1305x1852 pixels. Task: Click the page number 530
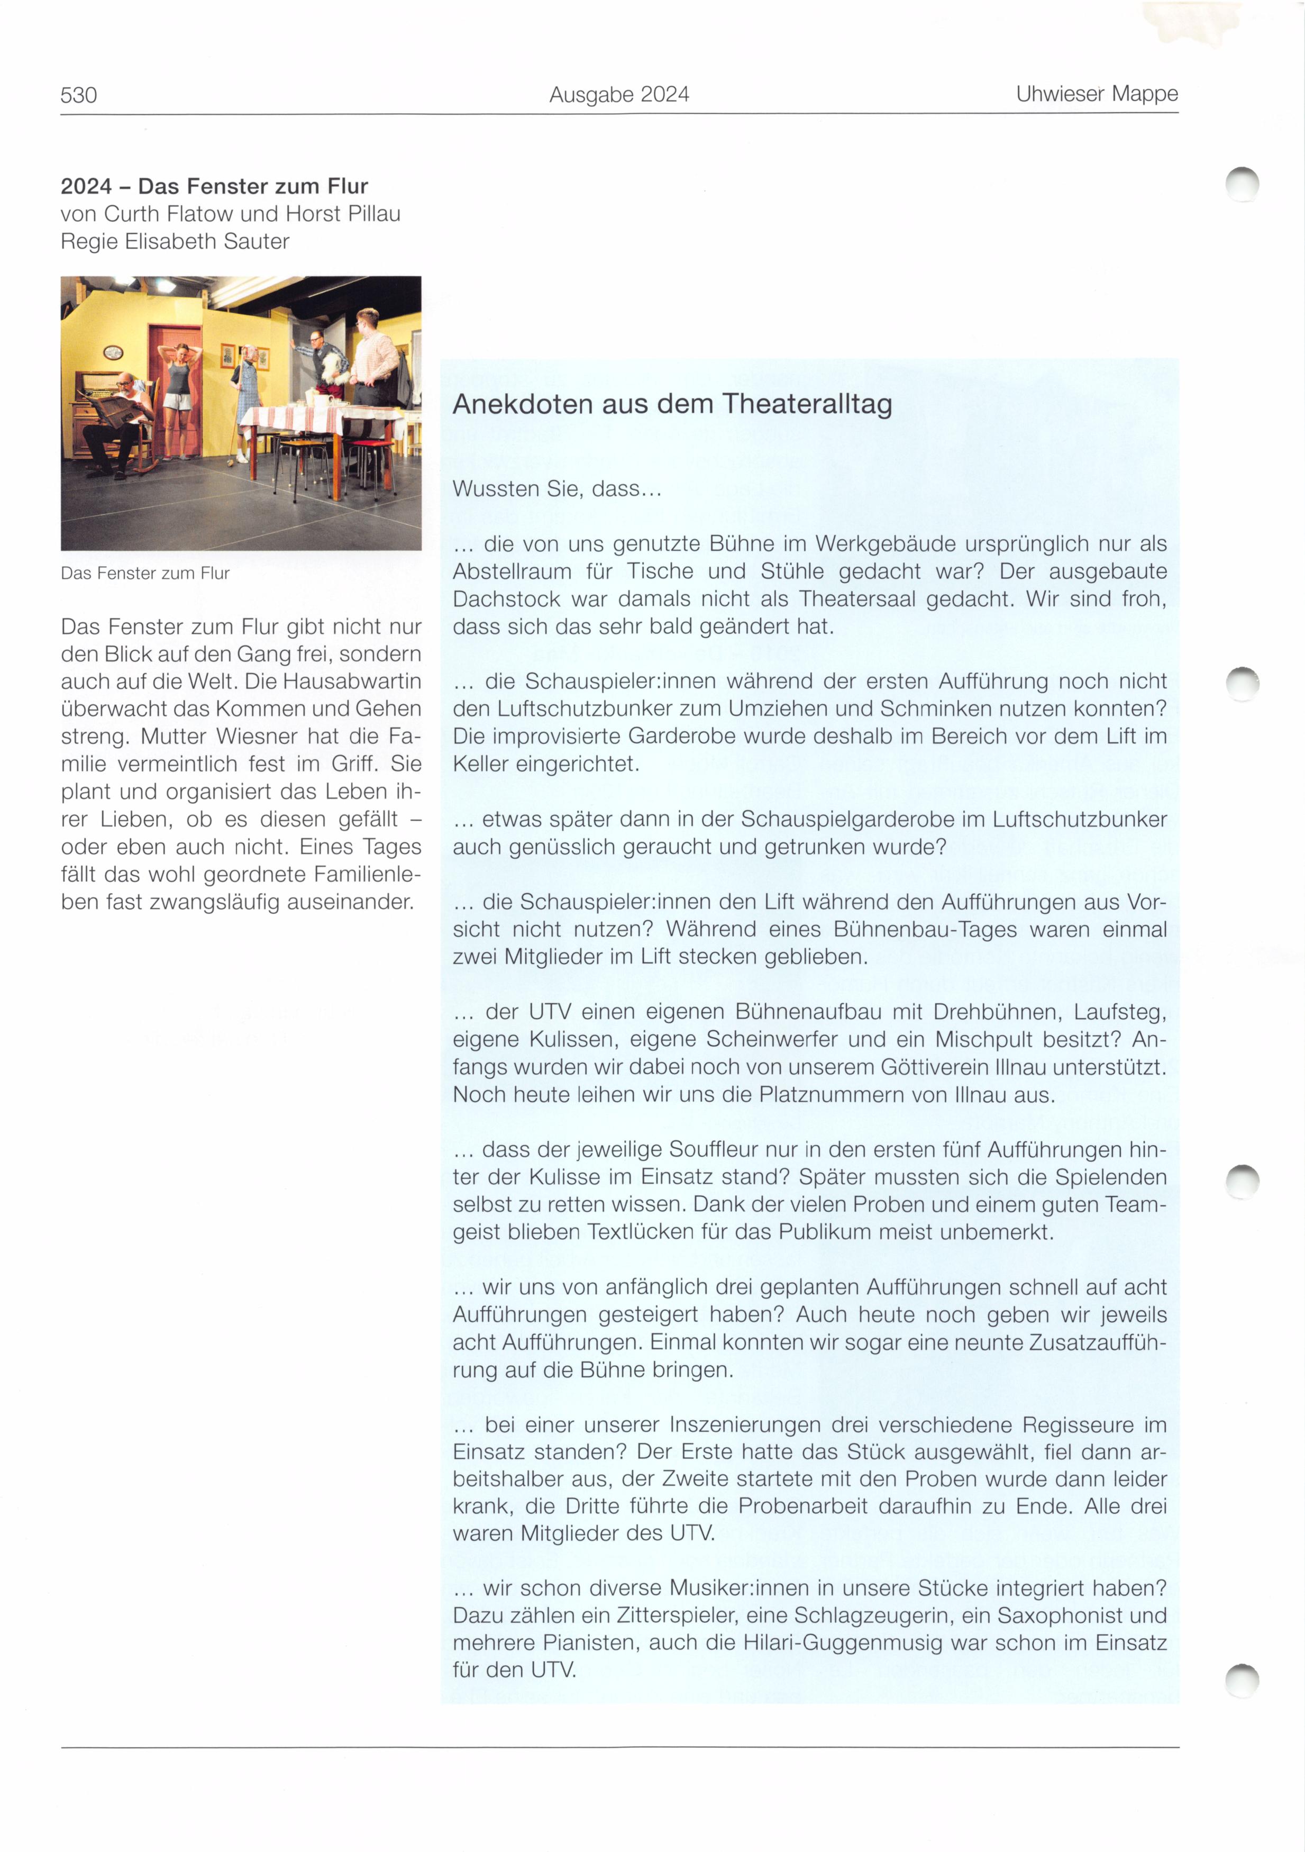click(78, 95)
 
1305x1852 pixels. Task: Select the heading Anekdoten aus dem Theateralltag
click(672, 403)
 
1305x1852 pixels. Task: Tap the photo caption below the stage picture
click(145, 574)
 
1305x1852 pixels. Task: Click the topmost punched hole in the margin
click(1242, 184)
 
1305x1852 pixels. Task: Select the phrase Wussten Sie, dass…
click(556, 489)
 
